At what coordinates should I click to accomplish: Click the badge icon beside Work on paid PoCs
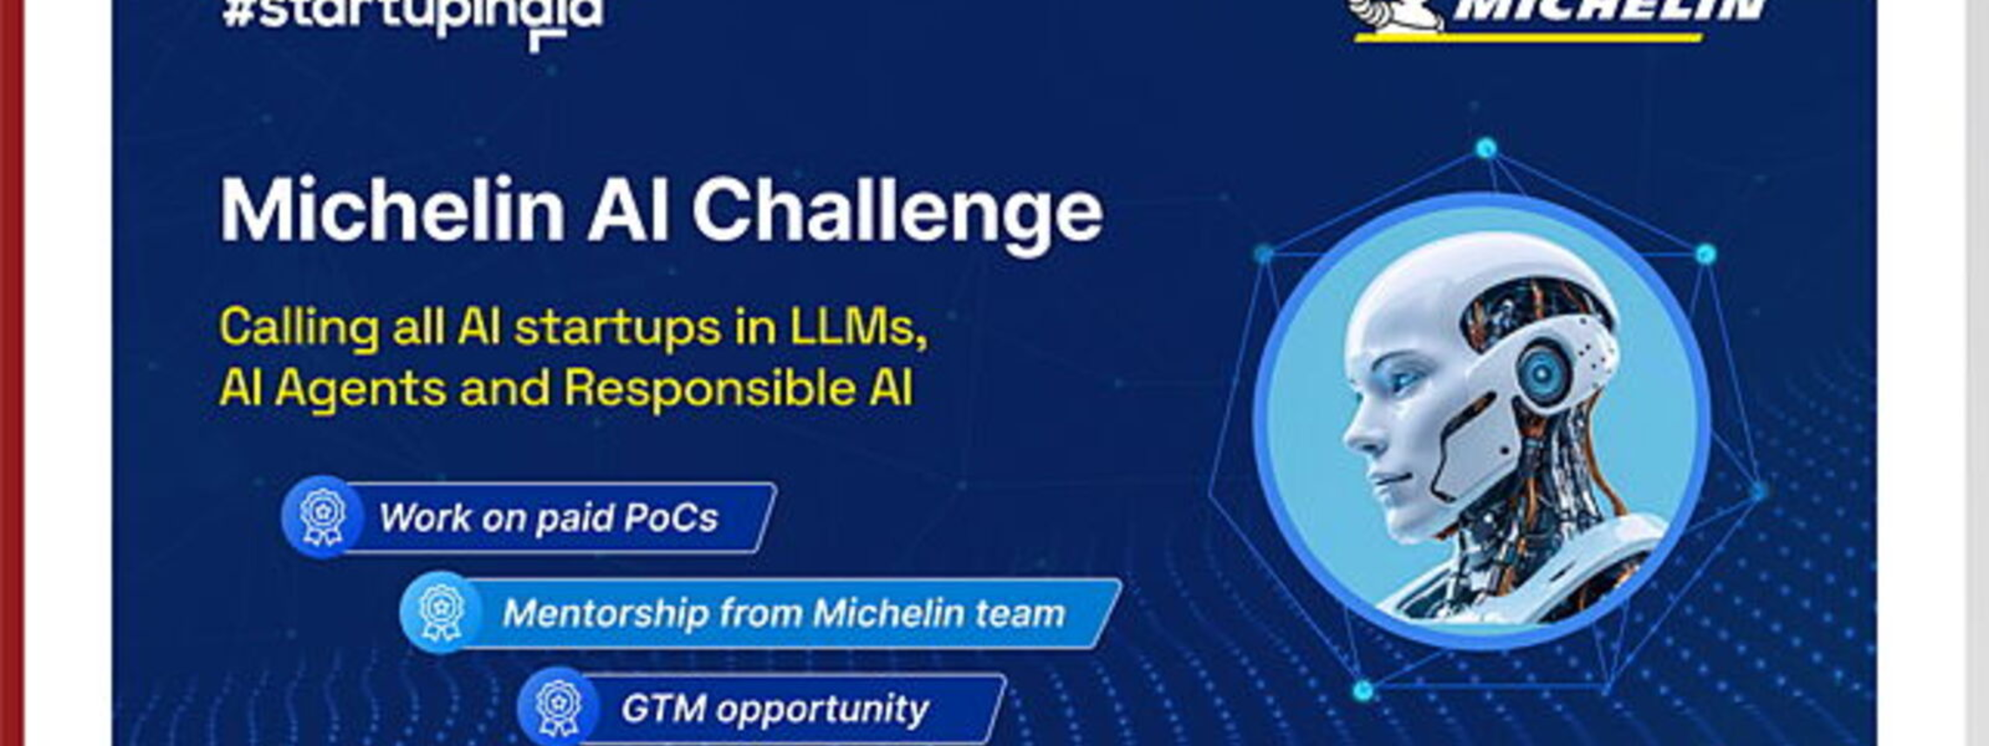click(x=321, y=517)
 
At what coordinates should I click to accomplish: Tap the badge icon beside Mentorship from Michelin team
click(x=440, y=612)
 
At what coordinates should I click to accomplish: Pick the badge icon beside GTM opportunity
click(x=558, y=707)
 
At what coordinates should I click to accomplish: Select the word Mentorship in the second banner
click(x=606, y=613)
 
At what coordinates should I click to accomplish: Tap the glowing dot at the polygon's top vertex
click(x=1487, y=149)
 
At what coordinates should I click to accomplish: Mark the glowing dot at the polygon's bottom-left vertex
click(x=1363, y=690)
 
